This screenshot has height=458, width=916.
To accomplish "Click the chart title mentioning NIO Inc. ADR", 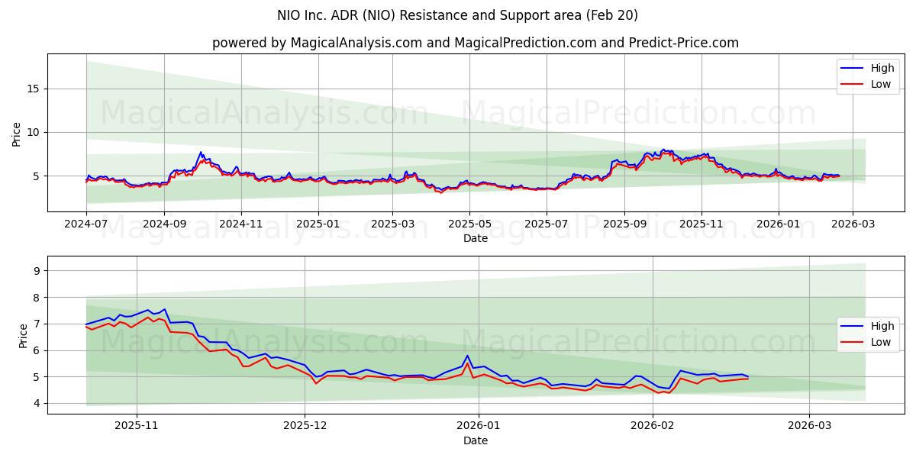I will click(x=458, y=15).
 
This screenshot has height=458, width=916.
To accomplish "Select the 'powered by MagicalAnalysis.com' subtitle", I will click(x=475, y=43).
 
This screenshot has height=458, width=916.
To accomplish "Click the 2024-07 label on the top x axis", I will click(x=86, y=224).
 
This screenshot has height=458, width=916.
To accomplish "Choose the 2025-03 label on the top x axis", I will click(x=393, y=224).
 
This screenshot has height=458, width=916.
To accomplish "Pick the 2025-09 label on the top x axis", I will click(x=624, y=224).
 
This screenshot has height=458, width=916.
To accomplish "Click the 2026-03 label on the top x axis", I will click(x=853, y=224).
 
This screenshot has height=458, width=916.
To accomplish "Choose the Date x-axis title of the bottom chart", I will click(x=476, y=440).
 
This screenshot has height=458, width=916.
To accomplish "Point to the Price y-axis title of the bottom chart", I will click(x=22, y=335).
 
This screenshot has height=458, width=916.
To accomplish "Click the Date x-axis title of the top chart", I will click(x=476, y=238).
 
